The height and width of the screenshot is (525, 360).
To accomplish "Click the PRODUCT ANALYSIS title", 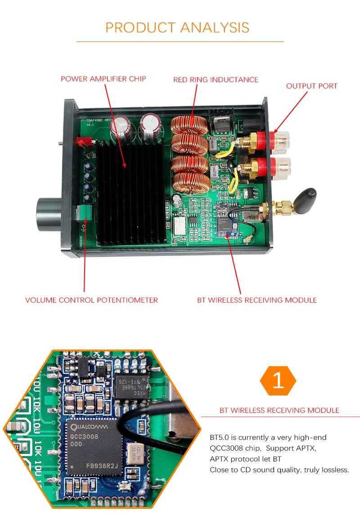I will point(177,27).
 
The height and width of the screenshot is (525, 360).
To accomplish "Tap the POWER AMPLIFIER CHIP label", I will point(103,79).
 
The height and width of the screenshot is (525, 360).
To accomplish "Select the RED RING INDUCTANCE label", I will point(216,80).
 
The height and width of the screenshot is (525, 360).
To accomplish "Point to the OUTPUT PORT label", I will point(311,86).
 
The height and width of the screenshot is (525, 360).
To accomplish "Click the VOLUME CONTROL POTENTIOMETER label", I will point(91,300).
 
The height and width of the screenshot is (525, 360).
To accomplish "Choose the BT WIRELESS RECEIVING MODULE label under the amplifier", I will point(257,300).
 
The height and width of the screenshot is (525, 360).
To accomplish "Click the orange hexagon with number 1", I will point(278,381).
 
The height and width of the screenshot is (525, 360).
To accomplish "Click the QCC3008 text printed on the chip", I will point(85,436).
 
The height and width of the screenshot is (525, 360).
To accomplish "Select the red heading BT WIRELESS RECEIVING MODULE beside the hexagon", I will point(279,410).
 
